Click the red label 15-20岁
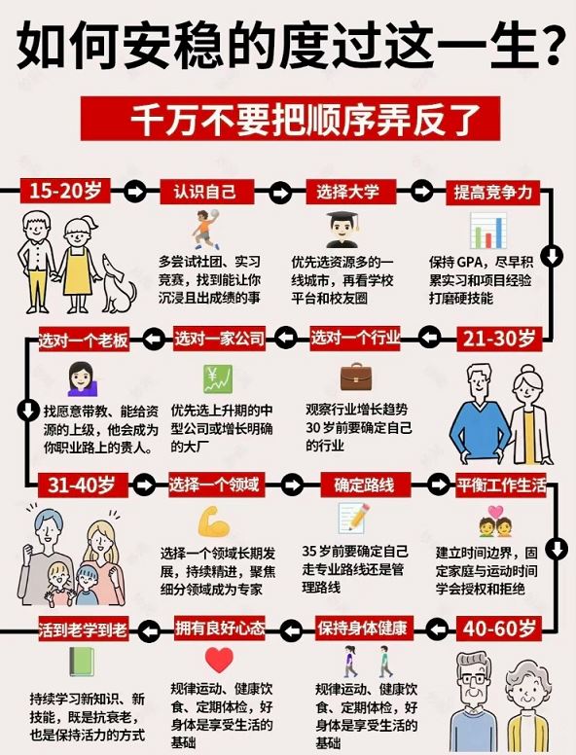pyautogui.click(x=65, y=191)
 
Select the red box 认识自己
pyautogui.click(x=205, y=192)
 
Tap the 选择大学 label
pyautogui.click(x=348, y=192)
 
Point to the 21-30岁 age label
pyautogui.click(x=499, y=339)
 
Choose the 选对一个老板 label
pyautogui.click(x=84, y=340)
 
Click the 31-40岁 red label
pyautogui.click(x=82, y=485)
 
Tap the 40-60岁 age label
pyautogui.click(x=499, y=629)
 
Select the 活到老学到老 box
pyautogui.click(x=84, y=629)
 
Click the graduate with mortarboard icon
pyautogui.click(x=342, y=230)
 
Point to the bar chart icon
pyautogui.click(x=488, y=231)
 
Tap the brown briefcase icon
pyautogui.click(x=356, y=377)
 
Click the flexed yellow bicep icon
pyautogui.click(x=214, y=521)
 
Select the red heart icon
pyautogui.click(x=219, y=660)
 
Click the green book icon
pyautogui.click(x=82, y=662)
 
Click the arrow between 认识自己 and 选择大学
pyautogui.click(x=280, y=192)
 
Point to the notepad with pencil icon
pyautogui.click(x=354, y=519)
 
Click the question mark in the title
pyautogui.click(x=550, y=45)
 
